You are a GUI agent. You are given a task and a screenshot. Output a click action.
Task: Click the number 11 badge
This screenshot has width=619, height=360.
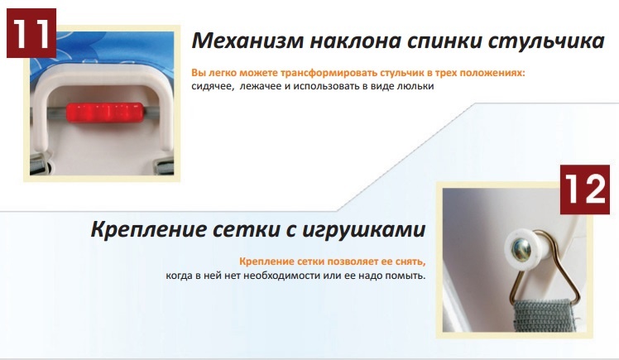point(31,33)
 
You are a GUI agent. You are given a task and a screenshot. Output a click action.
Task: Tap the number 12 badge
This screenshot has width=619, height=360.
point(584,190)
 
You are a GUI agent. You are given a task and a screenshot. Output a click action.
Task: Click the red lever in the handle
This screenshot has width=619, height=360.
point(105,113)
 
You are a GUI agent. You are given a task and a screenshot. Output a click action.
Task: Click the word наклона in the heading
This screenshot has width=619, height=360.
point(355,41)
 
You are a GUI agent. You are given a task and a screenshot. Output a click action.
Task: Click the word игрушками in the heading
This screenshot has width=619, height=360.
point(364,230)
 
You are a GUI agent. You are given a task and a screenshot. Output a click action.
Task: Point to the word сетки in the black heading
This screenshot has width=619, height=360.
point(244,230)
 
